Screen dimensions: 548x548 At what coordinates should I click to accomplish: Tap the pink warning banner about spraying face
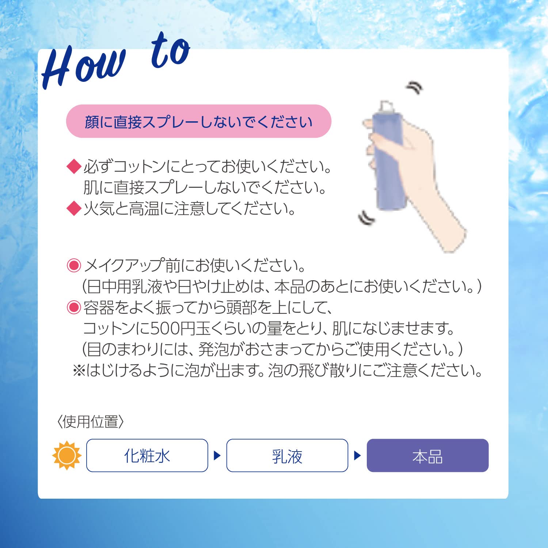[x=198, y=121]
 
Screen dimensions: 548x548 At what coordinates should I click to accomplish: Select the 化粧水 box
[x=147, y=456]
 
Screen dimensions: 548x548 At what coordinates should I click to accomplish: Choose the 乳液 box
[x=287, y=456]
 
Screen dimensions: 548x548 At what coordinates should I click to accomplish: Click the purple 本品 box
[x=427, y=456]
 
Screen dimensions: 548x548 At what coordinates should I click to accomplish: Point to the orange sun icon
[x=67, y=456]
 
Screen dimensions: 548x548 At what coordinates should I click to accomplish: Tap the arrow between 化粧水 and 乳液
[x=217, y=456]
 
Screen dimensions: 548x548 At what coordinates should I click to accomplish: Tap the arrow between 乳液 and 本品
[x=357, y=456]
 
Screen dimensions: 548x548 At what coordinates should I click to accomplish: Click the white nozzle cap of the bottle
[x=387, y=106]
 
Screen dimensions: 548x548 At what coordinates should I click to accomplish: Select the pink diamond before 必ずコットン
[x=74, y=167]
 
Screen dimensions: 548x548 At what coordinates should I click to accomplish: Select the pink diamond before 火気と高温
[x=74, y=209]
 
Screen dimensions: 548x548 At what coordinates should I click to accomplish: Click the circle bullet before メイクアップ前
[x=74, y=266]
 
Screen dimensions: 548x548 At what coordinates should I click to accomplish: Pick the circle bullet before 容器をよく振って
[x=74, y=308]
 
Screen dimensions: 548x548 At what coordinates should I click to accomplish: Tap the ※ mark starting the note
[x=79, y=371]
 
